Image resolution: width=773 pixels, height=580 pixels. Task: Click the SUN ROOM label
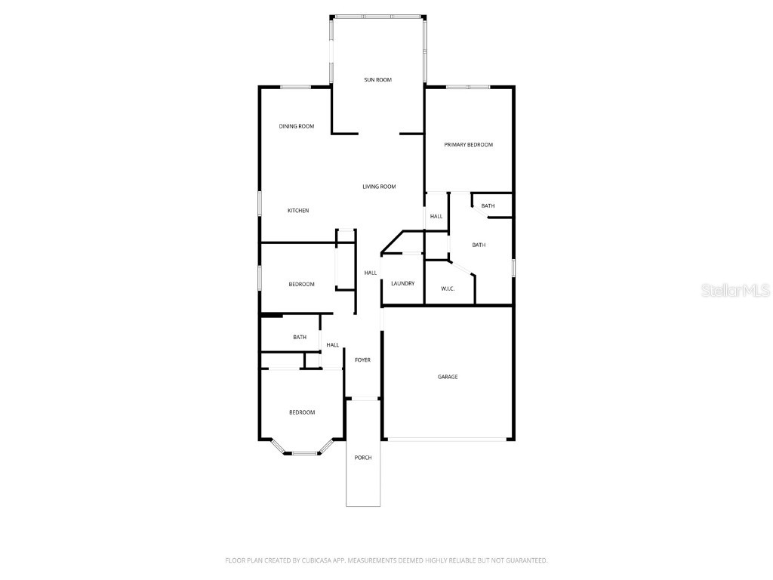point(378,79)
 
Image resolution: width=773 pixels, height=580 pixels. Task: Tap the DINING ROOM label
point(296,126)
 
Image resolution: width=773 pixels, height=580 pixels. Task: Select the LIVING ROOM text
point(379,187)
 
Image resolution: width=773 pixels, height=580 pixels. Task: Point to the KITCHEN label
point(298,211)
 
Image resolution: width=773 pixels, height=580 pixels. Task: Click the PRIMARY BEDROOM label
point(468,144)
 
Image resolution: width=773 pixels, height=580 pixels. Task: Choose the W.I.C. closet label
point(448,288)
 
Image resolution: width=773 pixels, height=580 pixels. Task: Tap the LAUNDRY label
point(402,283)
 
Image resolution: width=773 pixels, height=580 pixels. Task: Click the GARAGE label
point(448,377)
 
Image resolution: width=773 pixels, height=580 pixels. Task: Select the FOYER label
point(363,360)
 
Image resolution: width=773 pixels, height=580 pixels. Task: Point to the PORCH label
point(363,458)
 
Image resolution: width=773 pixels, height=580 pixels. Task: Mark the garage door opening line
point(448,440)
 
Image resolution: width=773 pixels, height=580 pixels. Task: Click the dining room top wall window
point(295,87)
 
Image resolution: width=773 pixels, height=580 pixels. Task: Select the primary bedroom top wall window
point(467,87)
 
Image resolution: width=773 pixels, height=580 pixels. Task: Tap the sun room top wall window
point(378,16)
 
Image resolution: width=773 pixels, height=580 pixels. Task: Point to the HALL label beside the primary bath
point(436,217)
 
